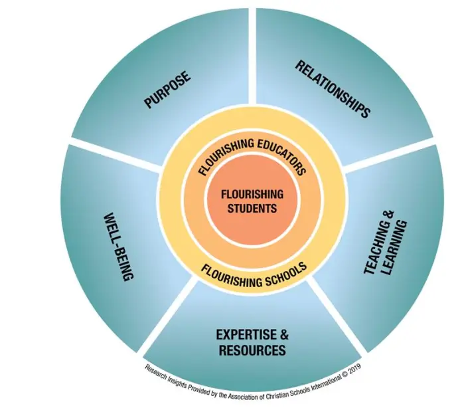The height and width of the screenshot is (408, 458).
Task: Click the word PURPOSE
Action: pos(167,91)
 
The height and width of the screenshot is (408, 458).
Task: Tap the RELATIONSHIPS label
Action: pos(332,89)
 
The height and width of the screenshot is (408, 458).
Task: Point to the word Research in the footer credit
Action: pos(155,367)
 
